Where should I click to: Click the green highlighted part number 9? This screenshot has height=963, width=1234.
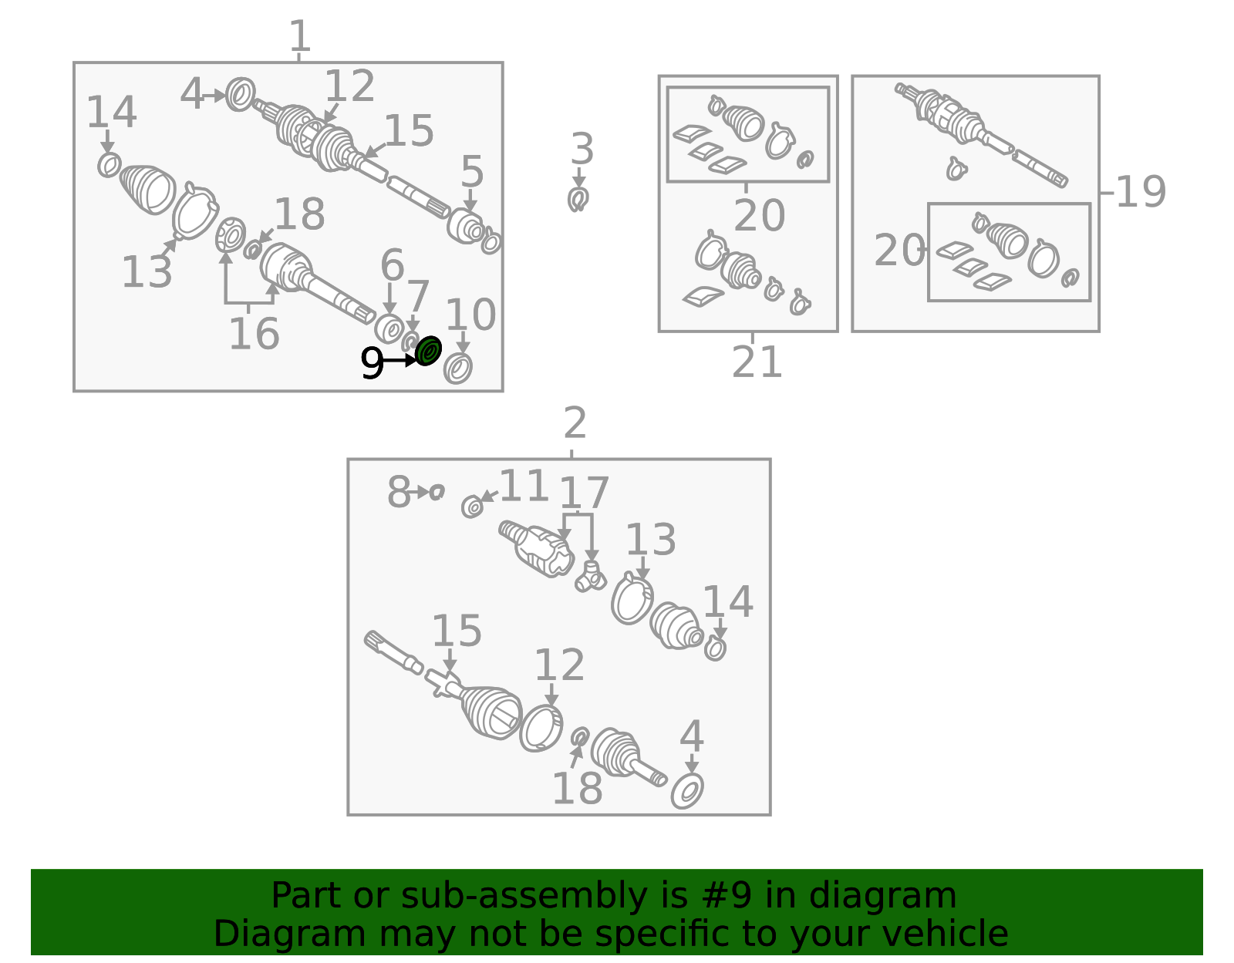[429, 351]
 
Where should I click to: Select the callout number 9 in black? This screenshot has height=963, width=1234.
[372, 362]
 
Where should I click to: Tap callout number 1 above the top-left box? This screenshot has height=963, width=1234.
[300, 35]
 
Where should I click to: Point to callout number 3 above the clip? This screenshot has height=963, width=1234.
[582, 149]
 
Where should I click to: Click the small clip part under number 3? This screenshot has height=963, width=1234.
[578, 199]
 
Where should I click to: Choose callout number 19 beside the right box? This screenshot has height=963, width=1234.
[1141, 191]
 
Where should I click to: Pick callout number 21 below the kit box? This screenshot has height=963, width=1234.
[757, 362]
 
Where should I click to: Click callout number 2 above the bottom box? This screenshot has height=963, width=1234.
[575, 423]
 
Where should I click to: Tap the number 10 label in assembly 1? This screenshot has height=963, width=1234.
[470, 315]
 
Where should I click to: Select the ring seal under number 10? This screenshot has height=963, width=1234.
[457, 369]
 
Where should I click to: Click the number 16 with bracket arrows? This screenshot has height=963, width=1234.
[254, 334]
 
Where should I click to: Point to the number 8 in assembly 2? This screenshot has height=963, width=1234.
[399, 492]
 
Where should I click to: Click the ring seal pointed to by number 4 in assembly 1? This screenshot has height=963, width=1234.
[240, 94]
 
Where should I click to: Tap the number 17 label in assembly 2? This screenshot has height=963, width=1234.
[585, 493]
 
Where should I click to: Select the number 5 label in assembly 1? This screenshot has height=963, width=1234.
[473, 171]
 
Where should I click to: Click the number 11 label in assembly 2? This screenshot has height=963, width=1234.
[524, 487]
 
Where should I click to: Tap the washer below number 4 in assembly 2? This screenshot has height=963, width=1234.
[687, 790]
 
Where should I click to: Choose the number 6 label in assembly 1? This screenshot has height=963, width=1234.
[392, 265]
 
